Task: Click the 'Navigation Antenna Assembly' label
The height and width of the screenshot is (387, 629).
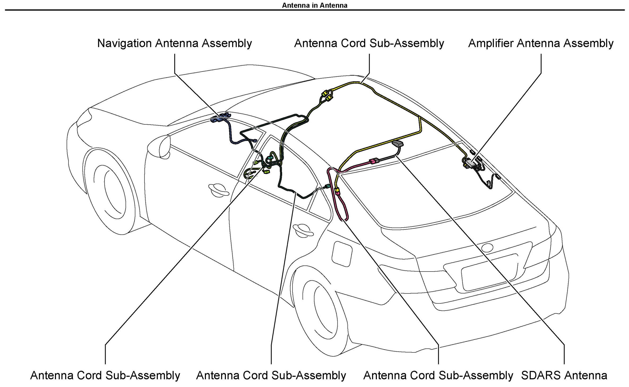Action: pos(174,43)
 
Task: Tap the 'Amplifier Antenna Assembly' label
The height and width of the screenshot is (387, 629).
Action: pos(541,43)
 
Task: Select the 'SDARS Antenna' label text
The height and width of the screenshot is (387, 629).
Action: pos(564,375)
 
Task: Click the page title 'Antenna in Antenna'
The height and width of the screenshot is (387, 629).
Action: pos(314,5)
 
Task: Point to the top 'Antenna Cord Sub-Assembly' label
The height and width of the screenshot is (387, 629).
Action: pos(369,43)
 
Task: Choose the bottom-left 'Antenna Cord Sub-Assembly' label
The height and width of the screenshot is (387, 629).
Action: pos(105,375)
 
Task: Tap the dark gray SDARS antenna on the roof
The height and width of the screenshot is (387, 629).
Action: pos(397,144)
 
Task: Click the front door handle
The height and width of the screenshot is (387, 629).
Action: pos(218,189)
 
